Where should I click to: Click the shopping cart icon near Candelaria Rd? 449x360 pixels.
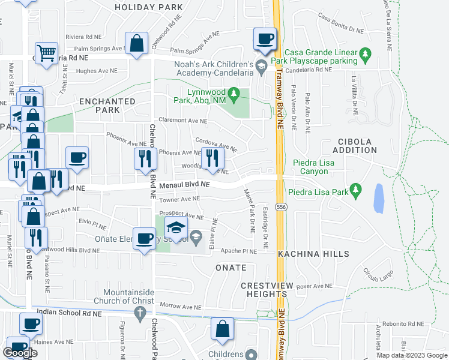point(46,53)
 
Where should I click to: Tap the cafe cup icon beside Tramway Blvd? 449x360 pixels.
point(265,40)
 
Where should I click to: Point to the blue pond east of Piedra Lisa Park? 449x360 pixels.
point(379,198)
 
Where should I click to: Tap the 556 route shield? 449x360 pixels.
point(280,207)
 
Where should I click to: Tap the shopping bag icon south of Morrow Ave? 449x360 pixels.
point(222,329)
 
